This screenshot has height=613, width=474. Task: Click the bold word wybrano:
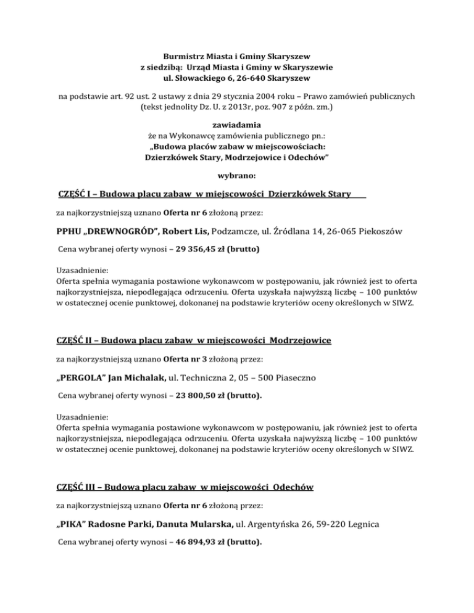click(237, 176)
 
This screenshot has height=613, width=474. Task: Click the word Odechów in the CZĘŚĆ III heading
click(292, 487)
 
